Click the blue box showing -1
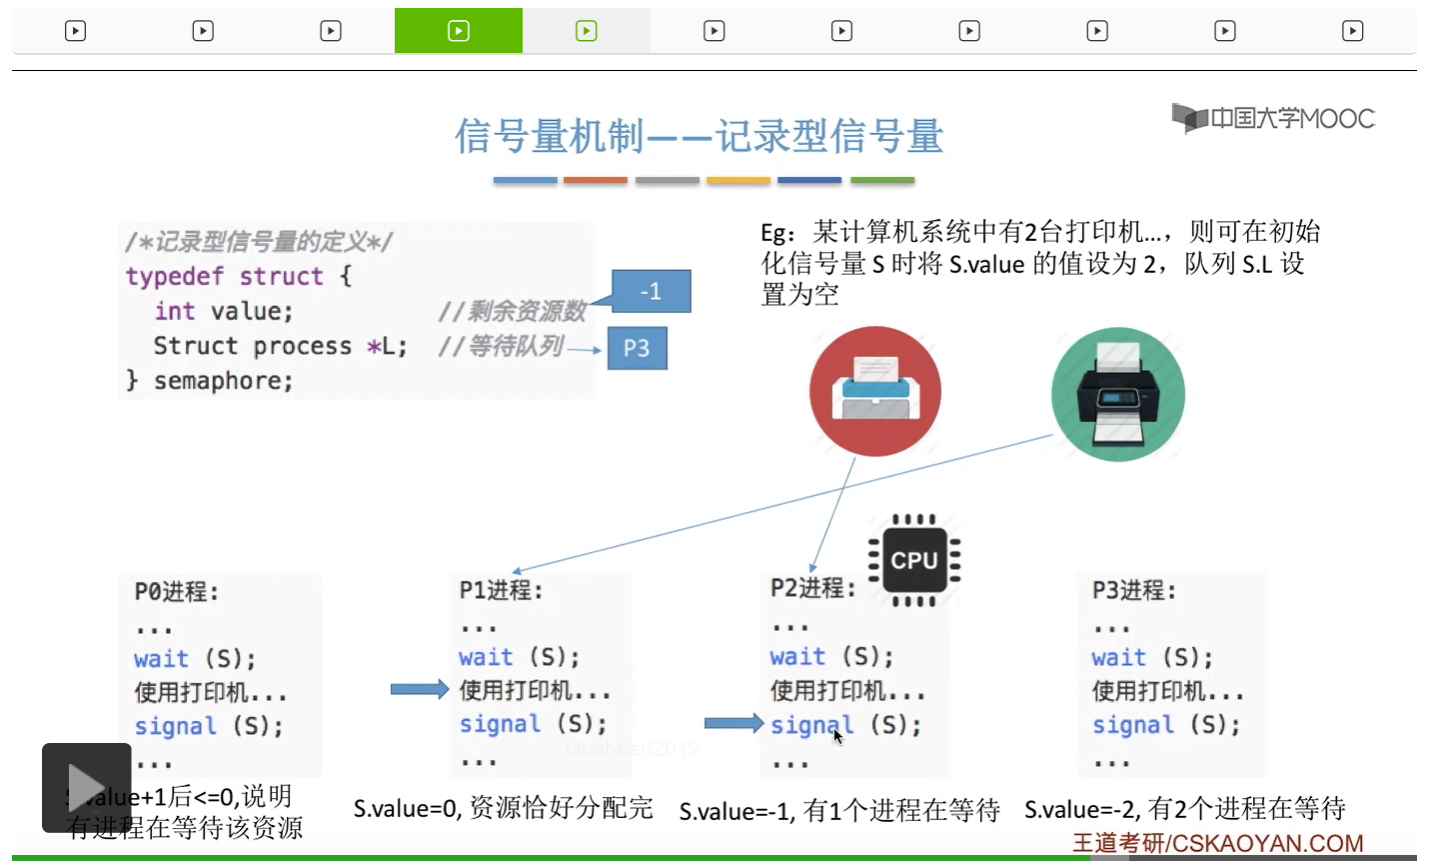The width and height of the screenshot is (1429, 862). [651, 291]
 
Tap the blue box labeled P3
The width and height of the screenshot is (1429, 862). [637, 348]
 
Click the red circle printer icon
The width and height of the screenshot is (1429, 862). [875, 391]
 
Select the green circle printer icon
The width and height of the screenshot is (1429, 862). [1118, 394]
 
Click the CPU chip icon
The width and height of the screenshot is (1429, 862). [913, 560]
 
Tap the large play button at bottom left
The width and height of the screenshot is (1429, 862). [86, 787]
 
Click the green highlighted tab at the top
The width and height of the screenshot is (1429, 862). [459, 31]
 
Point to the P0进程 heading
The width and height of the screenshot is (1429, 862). [177, 592]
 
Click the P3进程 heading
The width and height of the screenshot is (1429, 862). [1134, 590]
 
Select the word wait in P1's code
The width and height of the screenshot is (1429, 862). [486, 657]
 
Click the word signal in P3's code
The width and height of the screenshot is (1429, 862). [1132, 725]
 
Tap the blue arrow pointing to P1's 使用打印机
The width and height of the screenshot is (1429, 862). [419, 689]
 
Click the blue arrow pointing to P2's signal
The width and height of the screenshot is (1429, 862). [733, 723]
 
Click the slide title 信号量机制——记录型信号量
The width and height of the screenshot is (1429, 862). [699, 136]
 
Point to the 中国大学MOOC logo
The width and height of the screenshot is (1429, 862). [1273, 118]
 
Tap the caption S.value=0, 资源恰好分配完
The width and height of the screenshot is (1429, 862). [503, 808]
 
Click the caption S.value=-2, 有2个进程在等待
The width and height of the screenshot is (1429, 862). [1184, 808]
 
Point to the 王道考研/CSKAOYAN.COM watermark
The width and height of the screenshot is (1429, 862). [1218, 843]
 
